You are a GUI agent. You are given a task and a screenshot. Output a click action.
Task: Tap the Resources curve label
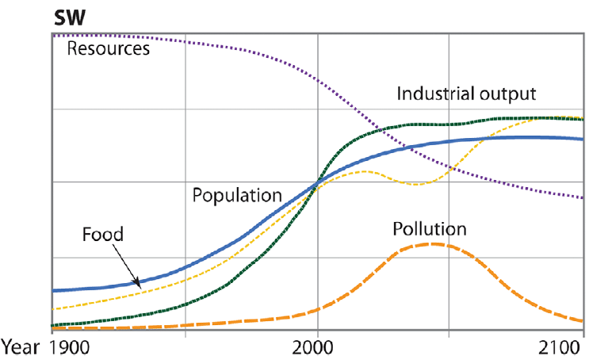pyautogui.click(x=108, y=49)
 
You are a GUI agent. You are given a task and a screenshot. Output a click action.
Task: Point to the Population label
pyautogui.click(x=237, y=194)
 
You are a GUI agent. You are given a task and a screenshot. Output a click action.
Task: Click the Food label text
pyautogui.click(x=102, y=234)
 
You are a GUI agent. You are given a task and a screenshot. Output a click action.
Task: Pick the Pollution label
pyautogui.click(x=430, y=229)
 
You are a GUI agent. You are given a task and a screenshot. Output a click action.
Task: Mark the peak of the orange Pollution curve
pyautogui.click(x=432, y=243)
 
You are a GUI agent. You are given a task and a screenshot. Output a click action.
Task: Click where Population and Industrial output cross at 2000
pyautogui.click(x=317, y=183)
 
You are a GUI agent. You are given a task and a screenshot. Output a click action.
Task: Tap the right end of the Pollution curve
pyautogui.click(x=583, y=321)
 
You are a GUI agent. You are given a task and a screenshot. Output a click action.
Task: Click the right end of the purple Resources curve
pyautogui.click(x=583, y=197)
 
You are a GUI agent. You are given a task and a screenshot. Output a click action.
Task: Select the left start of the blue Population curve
pyautogui.click(x=52, y=291)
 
